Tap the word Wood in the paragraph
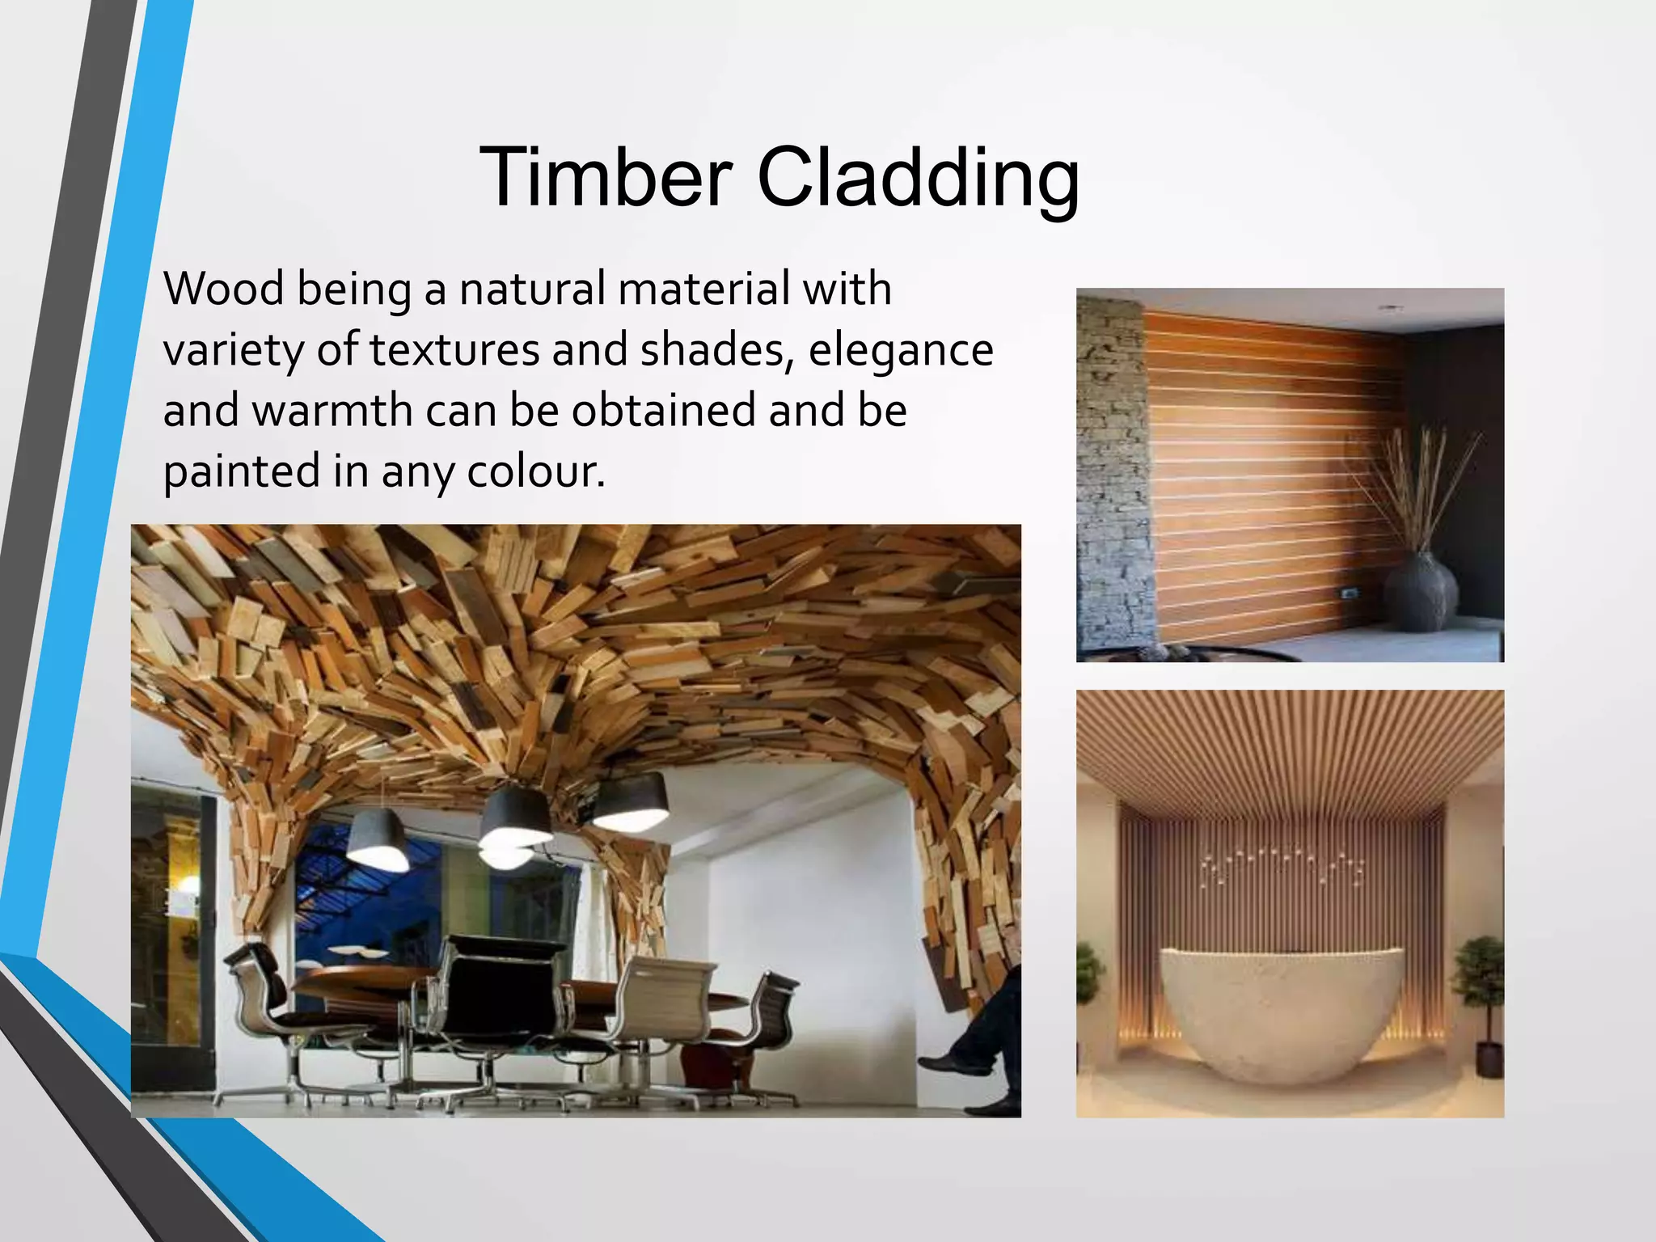pos(223,289)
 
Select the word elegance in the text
pos(900,350)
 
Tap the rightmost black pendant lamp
pos(631,800)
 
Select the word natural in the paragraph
pos(532,289)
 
